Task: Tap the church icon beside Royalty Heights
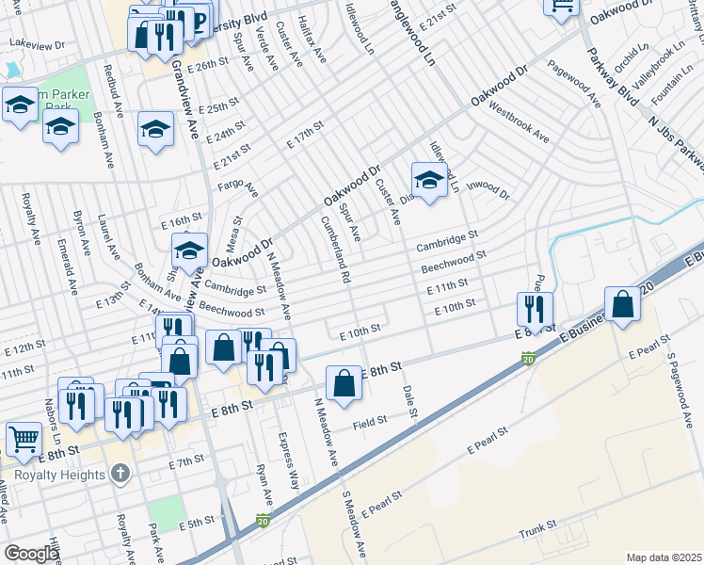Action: pyautogui.click(x=120, y=474)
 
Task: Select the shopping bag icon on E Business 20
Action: pyautogui.click(x=622, y=305)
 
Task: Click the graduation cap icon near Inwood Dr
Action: pyautogui.click(x=428, y=180)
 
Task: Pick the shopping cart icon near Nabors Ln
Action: pyautogui.click(x=24, y=438)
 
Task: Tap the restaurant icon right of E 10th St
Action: pyautogui.click(x=534, y=309)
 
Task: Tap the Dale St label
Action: pyautogui.click(x=409, y=401)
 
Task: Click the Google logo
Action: pyautogui.click(x=31, y=554)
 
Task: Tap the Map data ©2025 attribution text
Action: pyautogui.click(x=664, y=557)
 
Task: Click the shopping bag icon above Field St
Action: pyautogui.click(x=344, y=382)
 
